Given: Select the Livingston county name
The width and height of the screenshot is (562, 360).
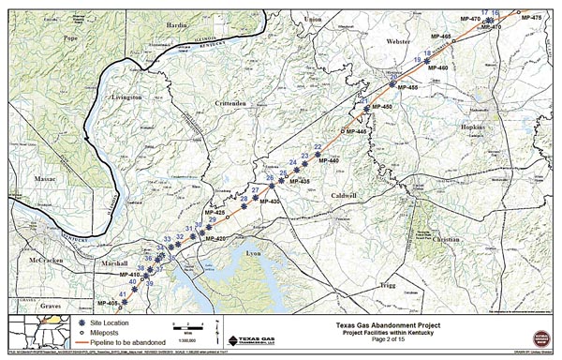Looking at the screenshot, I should click(126, 97).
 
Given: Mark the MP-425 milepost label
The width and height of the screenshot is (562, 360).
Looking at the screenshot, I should click(214, 215).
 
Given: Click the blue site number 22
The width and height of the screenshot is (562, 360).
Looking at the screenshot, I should click(318, 147).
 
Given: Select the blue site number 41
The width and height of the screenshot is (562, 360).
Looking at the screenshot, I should click(123, 293).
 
